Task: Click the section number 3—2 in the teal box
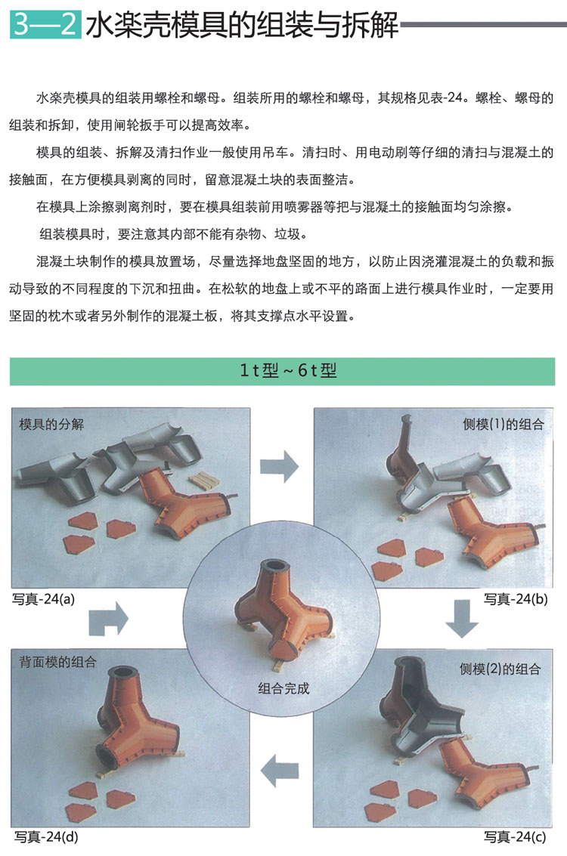click(45, 24)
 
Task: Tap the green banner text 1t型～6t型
click(288, 371)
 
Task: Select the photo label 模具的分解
click(51, 424)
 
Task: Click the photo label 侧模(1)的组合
click(503, 424)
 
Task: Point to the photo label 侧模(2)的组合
click(500, 669)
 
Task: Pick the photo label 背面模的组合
click(58, 662)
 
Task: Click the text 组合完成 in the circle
click(283, 688)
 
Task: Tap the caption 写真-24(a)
click(43, 599)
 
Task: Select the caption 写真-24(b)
click(516, 599)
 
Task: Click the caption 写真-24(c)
click(515, 837)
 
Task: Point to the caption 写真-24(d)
click(46, 837)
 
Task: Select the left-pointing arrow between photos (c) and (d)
click(280, 771)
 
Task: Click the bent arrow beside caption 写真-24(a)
click(108, 619)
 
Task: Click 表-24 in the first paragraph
click(445, 97)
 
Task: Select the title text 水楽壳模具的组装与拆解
click(243, 25)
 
